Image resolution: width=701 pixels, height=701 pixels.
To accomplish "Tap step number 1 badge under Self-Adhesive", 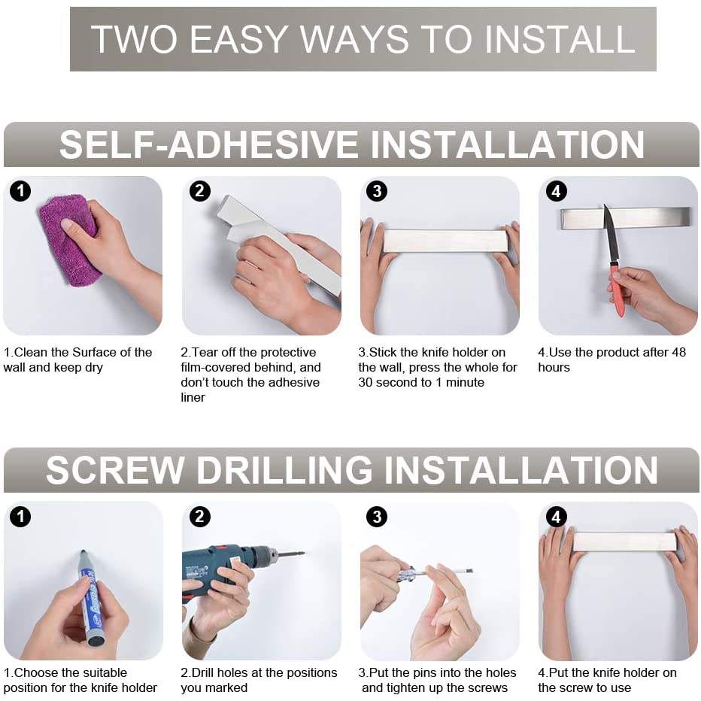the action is pyautogui.click(x=20, y=191).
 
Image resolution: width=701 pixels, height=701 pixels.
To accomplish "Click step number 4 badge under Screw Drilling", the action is pyautogui.click(x=556, y=517).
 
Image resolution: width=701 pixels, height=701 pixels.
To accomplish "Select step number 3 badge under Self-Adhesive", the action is pyautogui.click(x=377, y=191).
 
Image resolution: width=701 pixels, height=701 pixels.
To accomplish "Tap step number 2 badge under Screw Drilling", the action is pyautogui.click(x=199, y=517).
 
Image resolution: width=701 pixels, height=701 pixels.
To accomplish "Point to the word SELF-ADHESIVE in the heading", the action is pyautogui.click(x=209, y=144).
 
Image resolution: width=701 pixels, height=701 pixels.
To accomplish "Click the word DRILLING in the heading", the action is pyautogui.click(x=284, y=470).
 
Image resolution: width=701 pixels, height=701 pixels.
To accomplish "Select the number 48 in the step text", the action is pyautogui.click(x=678, y=352).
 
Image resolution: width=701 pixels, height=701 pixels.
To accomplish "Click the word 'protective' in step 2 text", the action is pyautogui.click(x=288, y=353).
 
